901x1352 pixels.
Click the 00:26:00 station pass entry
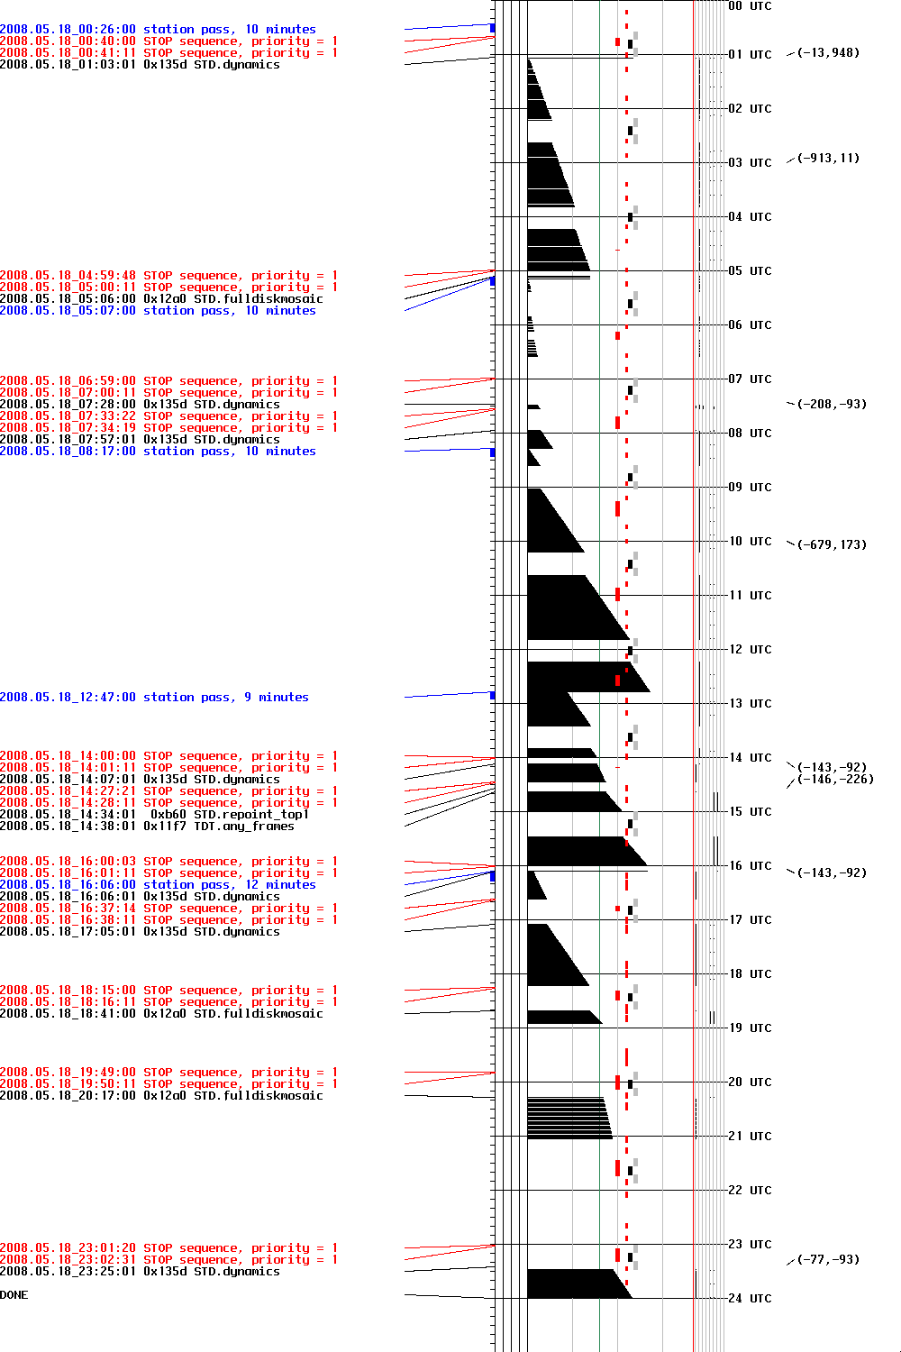tap(158, 30)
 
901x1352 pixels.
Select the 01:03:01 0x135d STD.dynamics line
tap(140, 65)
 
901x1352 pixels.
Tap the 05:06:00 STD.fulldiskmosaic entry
tap(161, 299)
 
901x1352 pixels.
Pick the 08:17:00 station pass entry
tap(158, 452)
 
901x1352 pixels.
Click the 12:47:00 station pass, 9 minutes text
tap(154, 698)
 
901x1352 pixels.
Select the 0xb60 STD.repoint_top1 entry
tap(154, 815)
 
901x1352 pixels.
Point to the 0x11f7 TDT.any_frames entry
tap(147, 827)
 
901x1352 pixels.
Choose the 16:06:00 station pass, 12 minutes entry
tap(158, 885)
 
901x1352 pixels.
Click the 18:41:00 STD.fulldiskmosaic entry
tap(161, 1014)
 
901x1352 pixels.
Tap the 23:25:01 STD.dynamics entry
tap(140, 1272)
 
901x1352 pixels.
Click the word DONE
tap(14, 1295)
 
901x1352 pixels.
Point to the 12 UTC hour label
tap(750, 650)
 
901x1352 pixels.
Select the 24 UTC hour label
tap(750, 1299)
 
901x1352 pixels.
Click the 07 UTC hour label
tap(750, 379)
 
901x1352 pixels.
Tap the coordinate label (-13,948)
tap(828, 53)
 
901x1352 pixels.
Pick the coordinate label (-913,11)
tap(828, 159)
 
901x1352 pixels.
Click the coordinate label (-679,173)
tap(832, 545)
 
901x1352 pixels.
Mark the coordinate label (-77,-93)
tap(828, 1260)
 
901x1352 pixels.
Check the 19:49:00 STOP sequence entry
tap(168, 1073)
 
